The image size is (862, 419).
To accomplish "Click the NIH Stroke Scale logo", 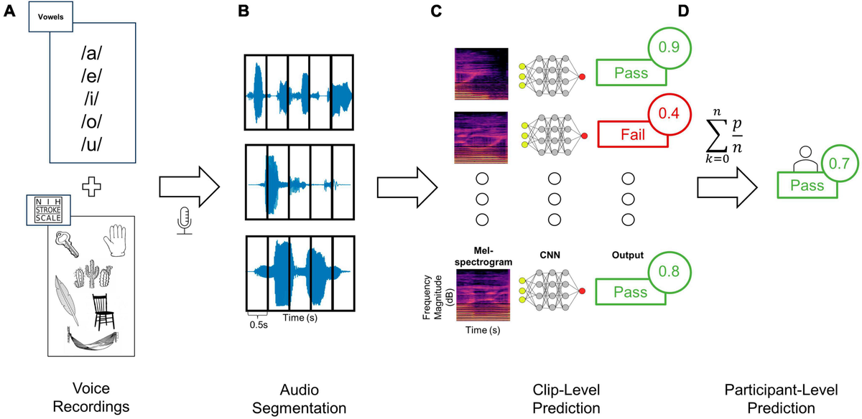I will pyautogui.click(x=45, y=208).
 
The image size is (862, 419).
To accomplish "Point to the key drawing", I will pyautogui.click(x=73, y=245).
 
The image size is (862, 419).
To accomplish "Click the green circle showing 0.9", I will pyautogui.click(x=669, y=48).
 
